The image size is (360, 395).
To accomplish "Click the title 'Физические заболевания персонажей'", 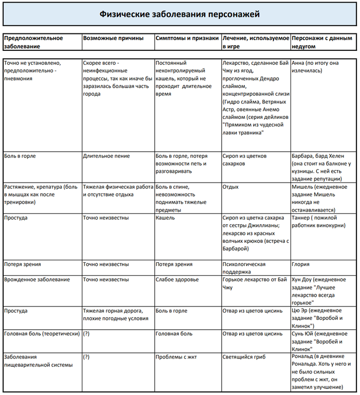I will click(x=179, y=14).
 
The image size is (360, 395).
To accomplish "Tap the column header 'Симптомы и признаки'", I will click(x=187, y=38).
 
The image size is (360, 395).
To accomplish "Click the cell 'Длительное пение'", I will click(x=106, y=156).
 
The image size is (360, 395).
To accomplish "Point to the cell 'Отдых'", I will click(x=230, y=187).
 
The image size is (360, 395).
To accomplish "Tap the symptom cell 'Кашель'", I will click(x=165, y=218).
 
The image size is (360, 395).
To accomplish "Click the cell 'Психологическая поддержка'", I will click(x=244, y=267).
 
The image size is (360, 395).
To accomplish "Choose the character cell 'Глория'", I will click(x=300, y=264).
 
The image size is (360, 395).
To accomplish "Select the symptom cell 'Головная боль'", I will click(x=174, y=334).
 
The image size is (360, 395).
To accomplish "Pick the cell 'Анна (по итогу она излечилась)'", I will click(x=315, y=67).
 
